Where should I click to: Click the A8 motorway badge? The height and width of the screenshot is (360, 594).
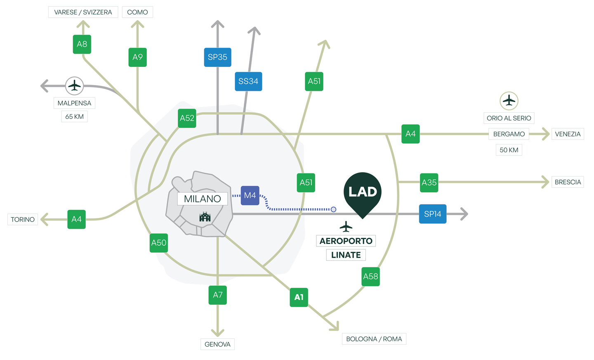[x=82, y=44]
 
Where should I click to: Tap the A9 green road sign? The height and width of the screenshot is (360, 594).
[x=137, y=57]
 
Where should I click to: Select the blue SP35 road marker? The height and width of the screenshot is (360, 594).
[x=217, y=57]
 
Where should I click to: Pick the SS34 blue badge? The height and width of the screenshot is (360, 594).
[x=248, y=81]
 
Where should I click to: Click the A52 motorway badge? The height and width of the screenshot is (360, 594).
[x=187, y=118]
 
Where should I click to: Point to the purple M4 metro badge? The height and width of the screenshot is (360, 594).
[x=250, y=196]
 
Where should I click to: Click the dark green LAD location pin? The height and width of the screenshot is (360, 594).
[x=363, y=192]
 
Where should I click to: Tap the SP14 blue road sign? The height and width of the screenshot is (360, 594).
[x=433, y=214]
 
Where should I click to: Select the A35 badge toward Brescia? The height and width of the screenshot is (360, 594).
[x=429, y=182]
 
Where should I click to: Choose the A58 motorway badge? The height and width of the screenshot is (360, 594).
[x=370, y=277]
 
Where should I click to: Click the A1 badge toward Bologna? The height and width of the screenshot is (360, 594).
[x=299, y=297]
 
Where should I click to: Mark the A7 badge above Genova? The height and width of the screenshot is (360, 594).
[x=217, y=295]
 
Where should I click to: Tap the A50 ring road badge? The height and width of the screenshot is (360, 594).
[x=159, y=243]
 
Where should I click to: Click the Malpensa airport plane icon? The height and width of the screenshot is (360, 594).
[x=74, y=86]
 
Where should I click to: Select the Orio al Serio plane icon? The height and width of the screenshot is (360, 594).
[x=509, y=101]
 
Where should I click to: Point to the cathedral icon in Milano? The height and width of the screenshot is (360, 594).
[x=205, y=217]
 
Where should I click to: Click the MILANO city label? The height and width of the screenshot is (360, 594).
[x=203, y=199]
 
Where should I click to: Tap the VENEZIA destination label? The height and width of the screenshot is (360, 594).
[x=568, y=134]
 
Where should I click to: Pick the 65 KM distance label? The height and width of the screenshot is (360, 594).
[x=75, y=117]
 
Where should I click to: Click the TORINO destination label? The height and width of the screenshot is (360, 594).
[x=23, y=220]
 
